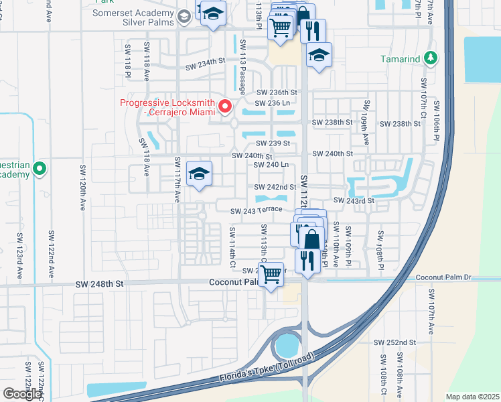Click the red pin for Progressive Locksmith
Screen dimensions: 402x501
click(226, 107)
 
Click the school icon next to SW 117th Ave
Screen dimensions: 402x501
click(199, 175)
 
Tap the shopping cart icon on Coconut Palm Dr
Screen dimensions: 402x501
click(271, 275)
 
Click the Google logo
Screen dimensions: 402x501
click(22, 394)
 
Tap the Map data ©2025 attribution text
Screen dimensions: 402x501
click(472, 397)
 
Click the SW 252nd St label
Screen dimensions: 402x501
click(396, 342)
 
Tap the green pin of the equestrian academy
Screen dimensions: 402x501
click(40, 169)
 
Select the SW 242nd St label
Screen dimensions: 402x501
click(275, 187)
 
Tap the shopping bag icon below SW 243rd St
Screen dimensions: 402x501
click(312, 239)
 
